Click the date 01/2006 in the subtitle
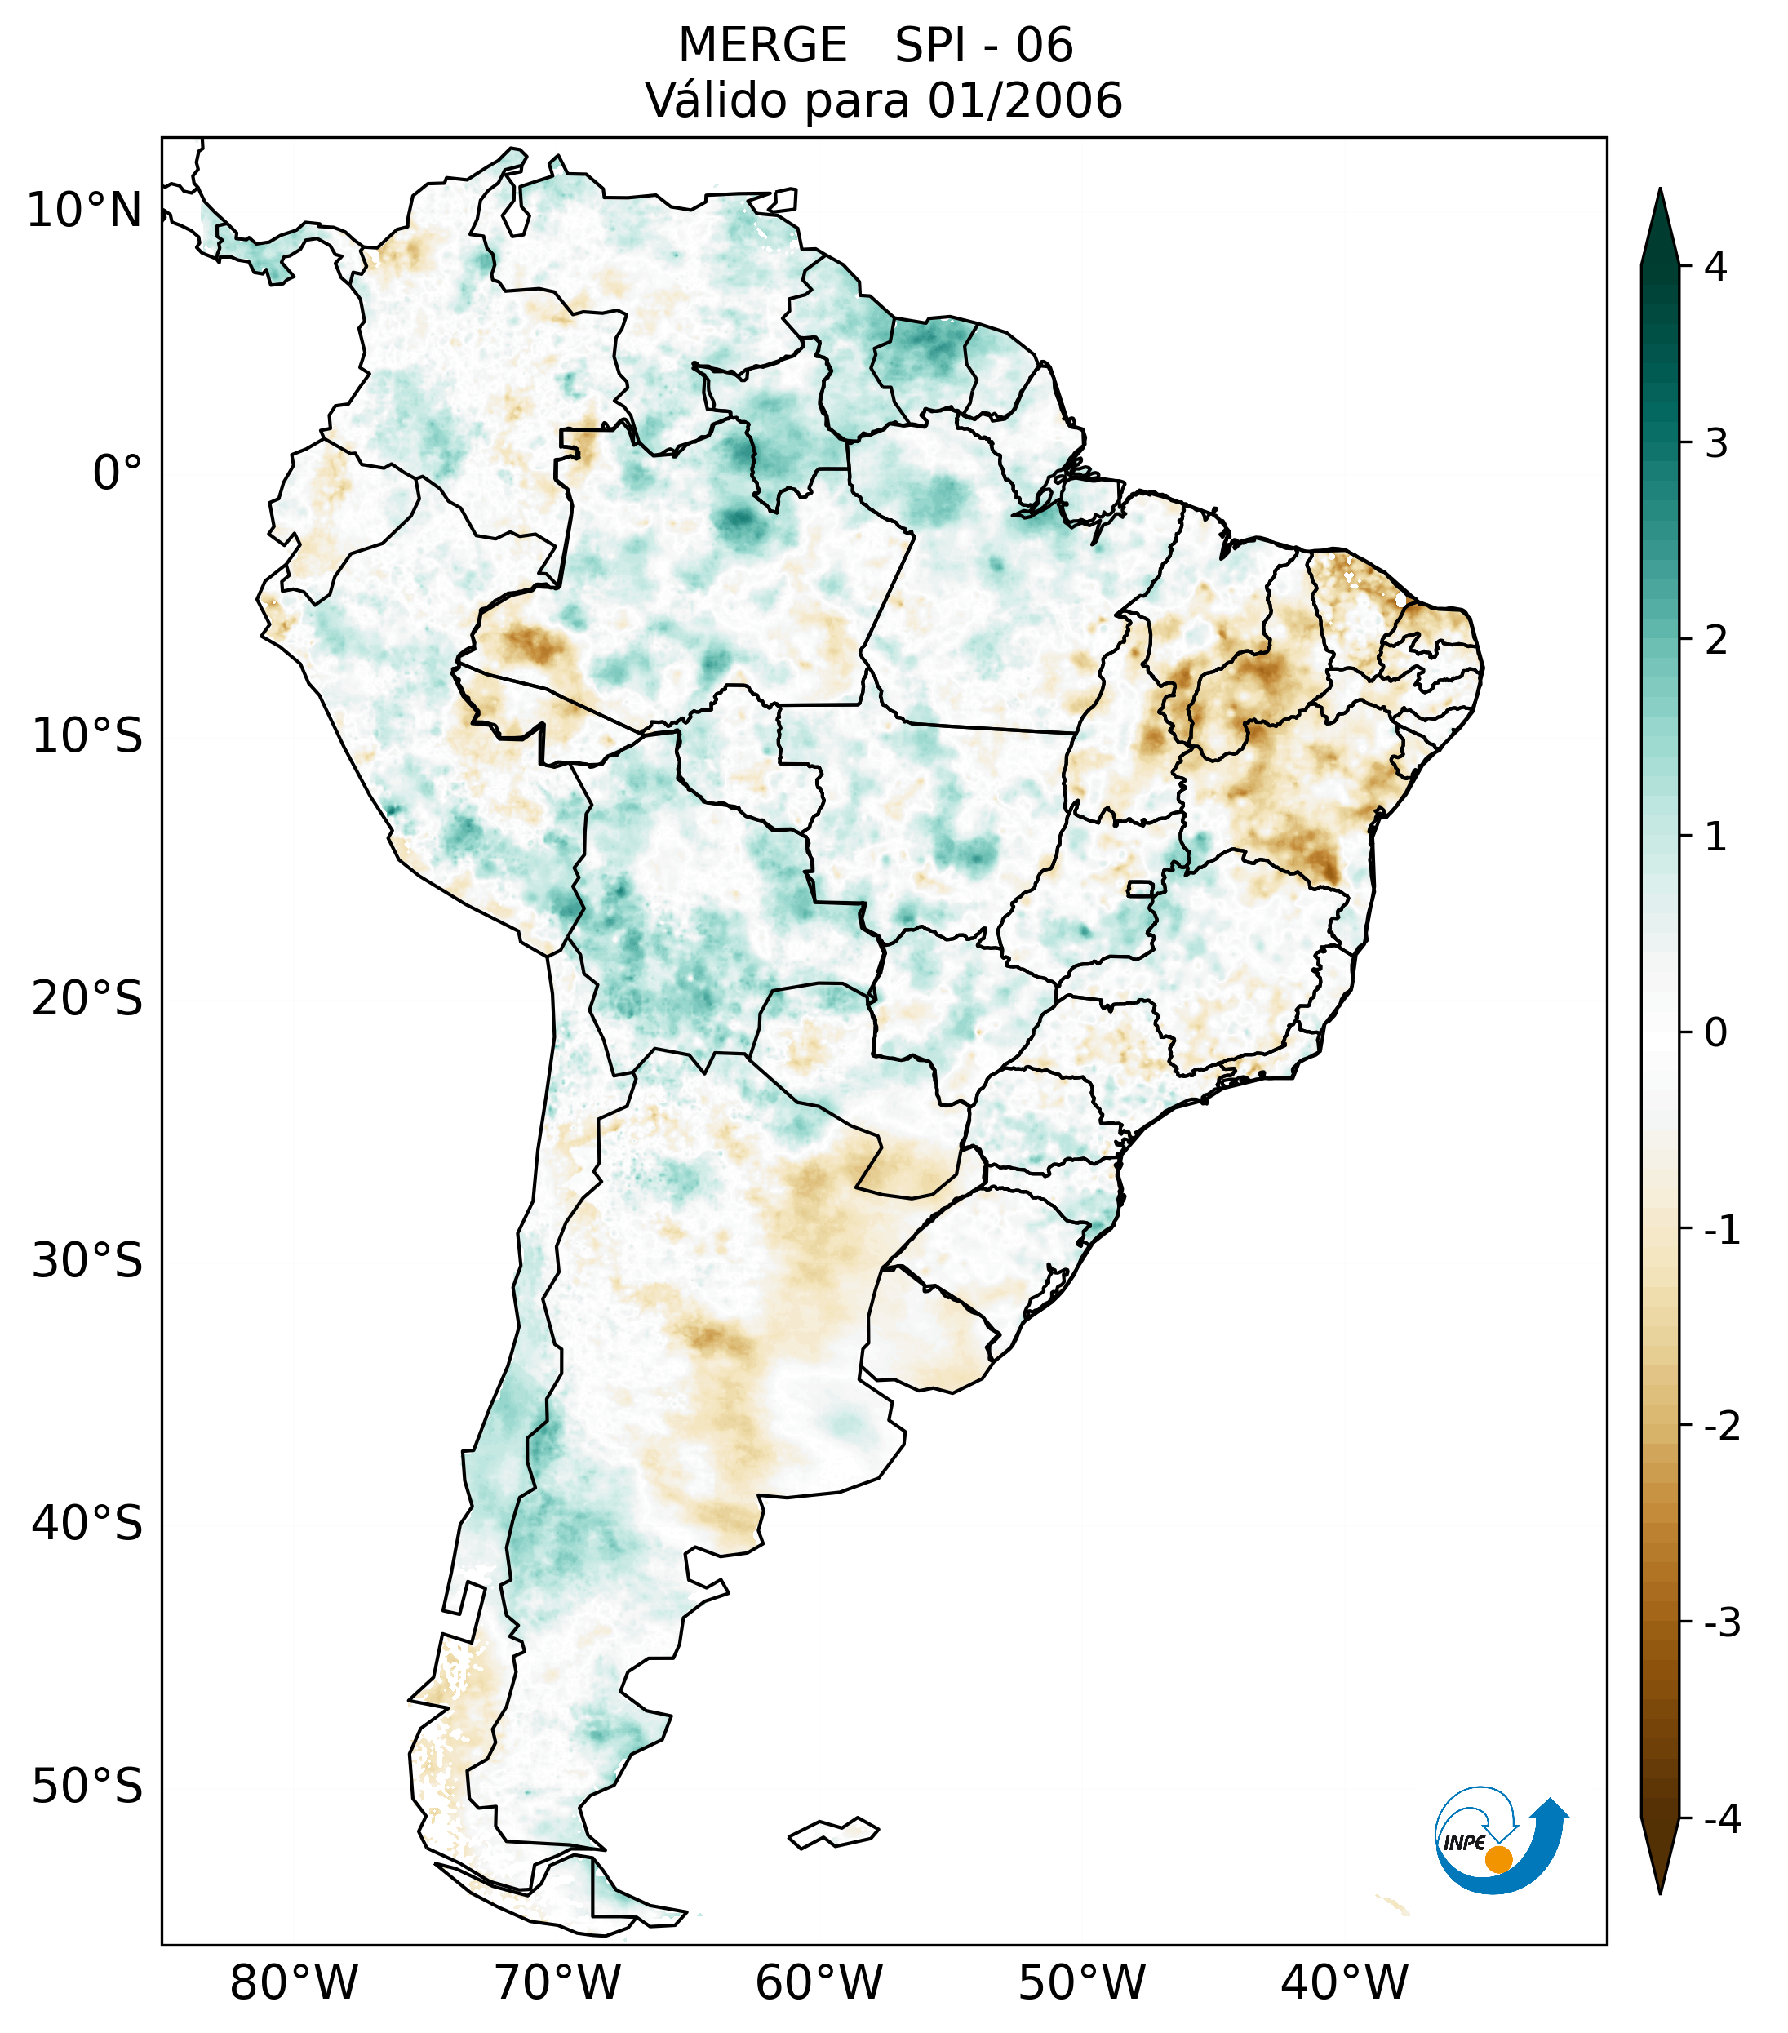(1024, 100)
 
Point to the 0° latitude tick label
(118, 473)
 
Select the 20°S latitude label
(87, 999)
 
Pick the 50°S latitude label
(87, 1787)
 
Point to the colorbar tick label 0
(1715, 1033)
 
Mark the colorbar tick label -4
(1721, 1820)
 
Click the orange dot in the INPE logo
(1497, 1859)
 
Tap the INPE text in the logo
(1464, 1842)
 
